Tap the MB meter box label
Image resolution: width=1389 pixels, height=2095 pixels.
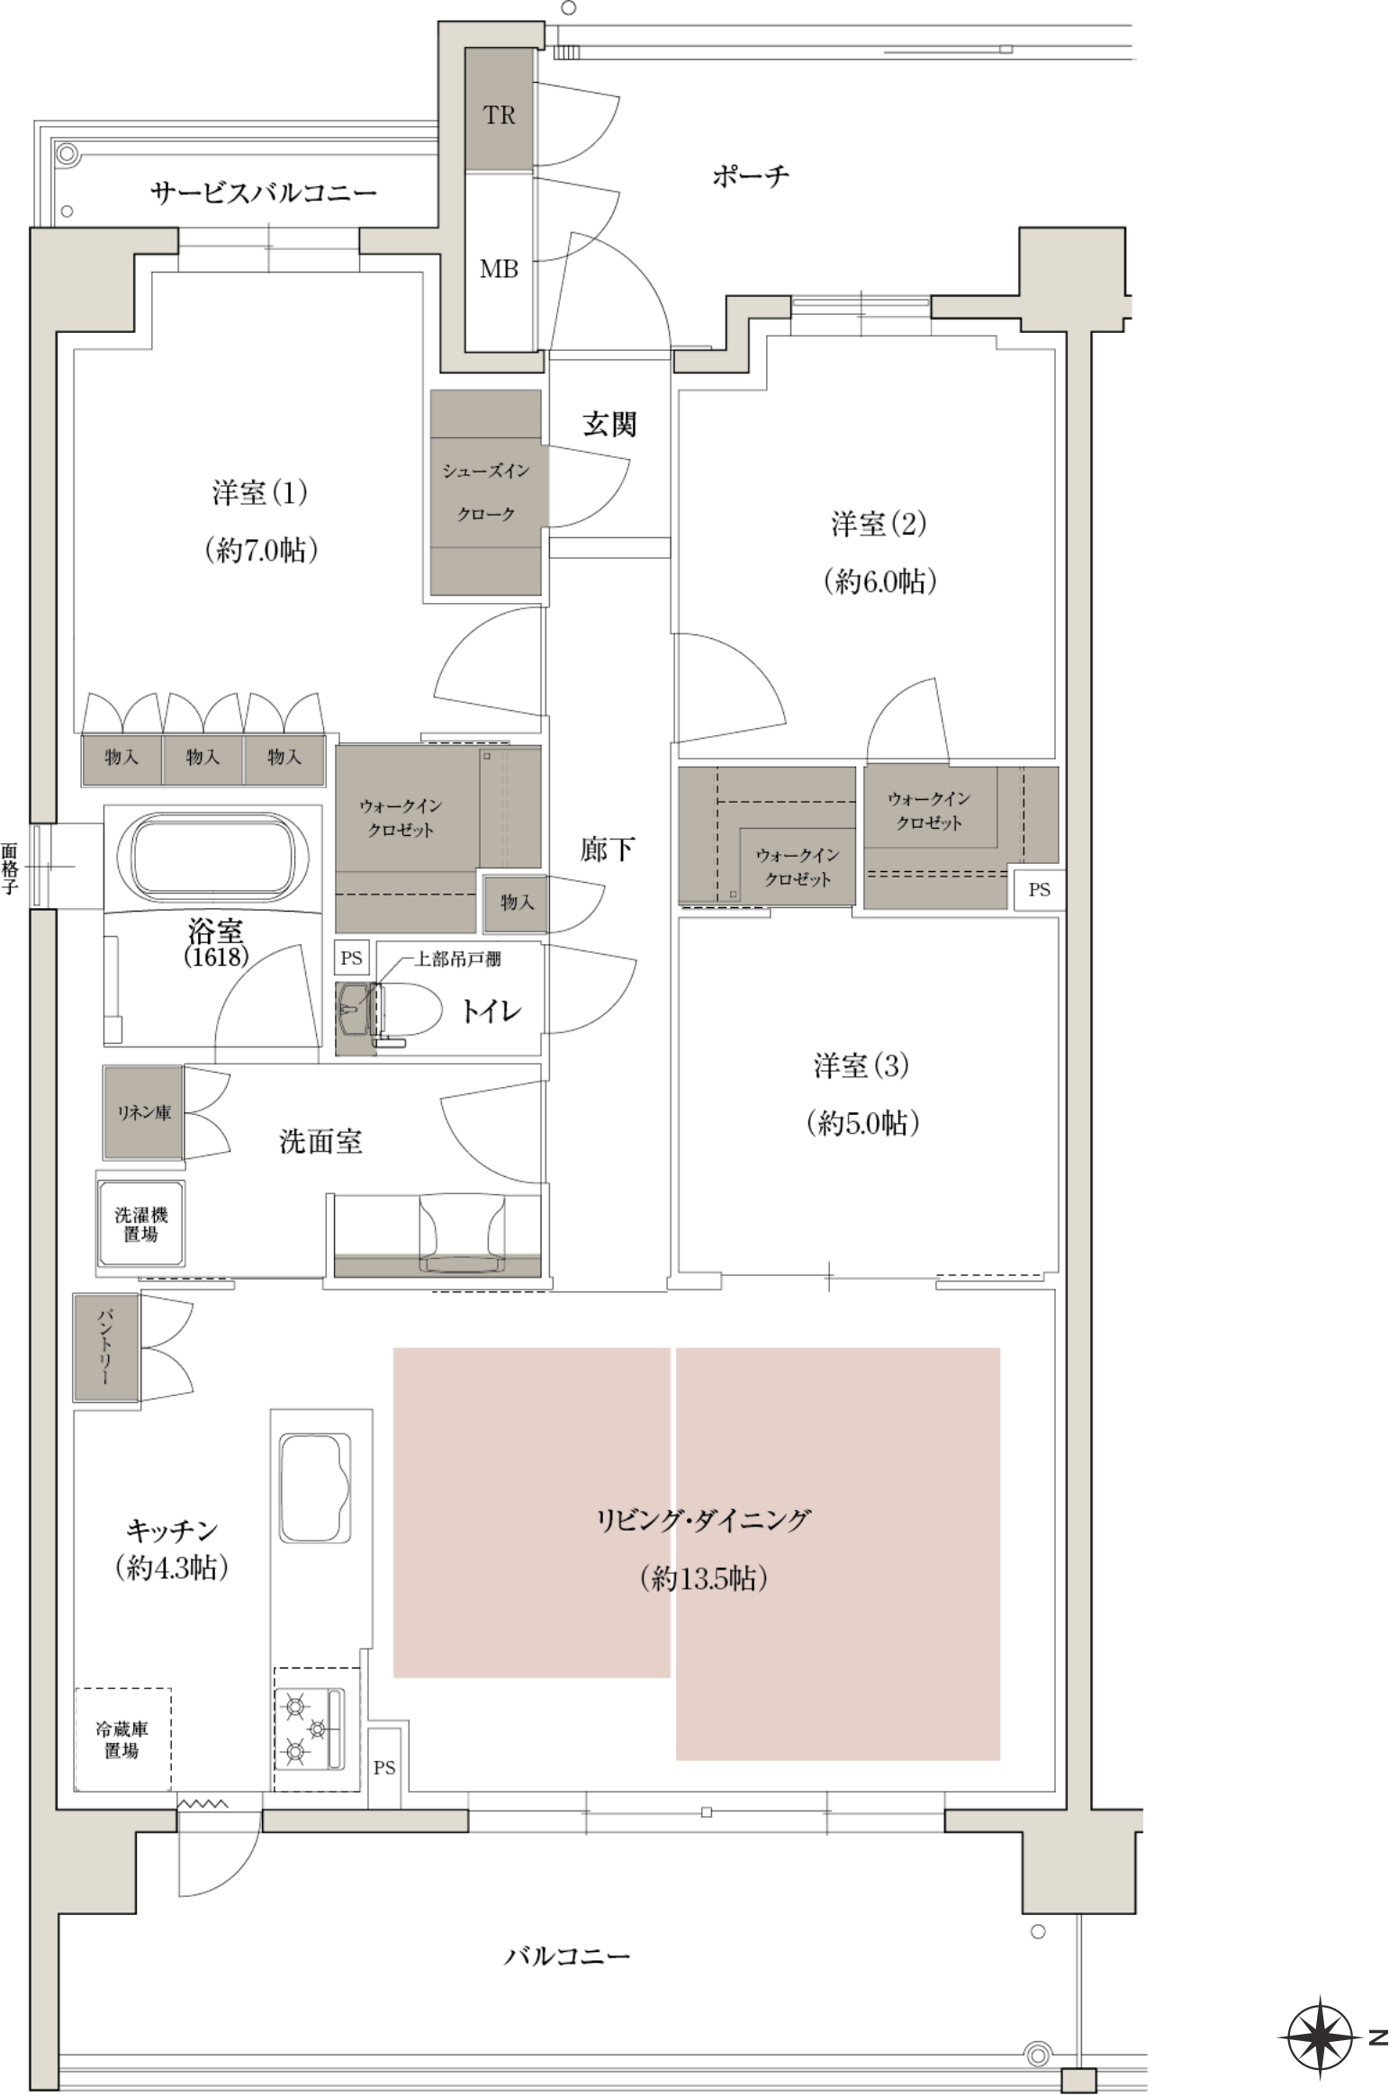[499, 268]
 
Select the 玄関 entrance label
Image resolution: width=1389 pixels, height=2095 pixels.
[609, 424]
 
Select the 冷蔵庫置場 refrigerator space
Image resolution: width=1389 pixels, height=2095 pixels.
[122, 1740]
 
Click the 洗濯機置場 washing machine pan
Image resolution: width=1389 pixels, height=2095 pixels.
[141, 1224]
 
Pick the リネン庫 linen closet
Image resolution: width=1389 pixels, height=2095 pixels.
[143, 1112]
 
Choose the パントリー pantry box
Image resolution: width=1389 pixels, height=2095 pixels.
[106, 1347]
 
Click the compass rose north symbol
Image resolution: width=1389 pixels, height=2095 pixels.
[1320, 2038]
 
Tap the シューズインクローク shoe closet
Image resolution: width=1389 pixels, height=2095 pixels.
[485, 492]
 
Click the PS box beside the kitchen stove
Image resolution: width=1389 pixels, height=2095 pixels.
[384, 1767]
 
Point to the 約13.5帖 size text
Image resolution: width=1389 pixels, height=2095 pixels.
[703, 1578]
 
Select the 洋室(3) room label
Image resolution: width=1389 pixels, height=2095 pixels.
[861, 1065]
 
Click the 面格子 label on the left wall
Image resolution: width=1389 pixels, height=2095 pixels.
[10, 868]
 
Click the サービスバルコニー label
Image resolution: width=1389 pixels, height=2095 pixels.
[263, 192]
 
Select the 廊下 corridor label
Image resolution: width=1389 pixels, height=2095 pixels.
[608, 849]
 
